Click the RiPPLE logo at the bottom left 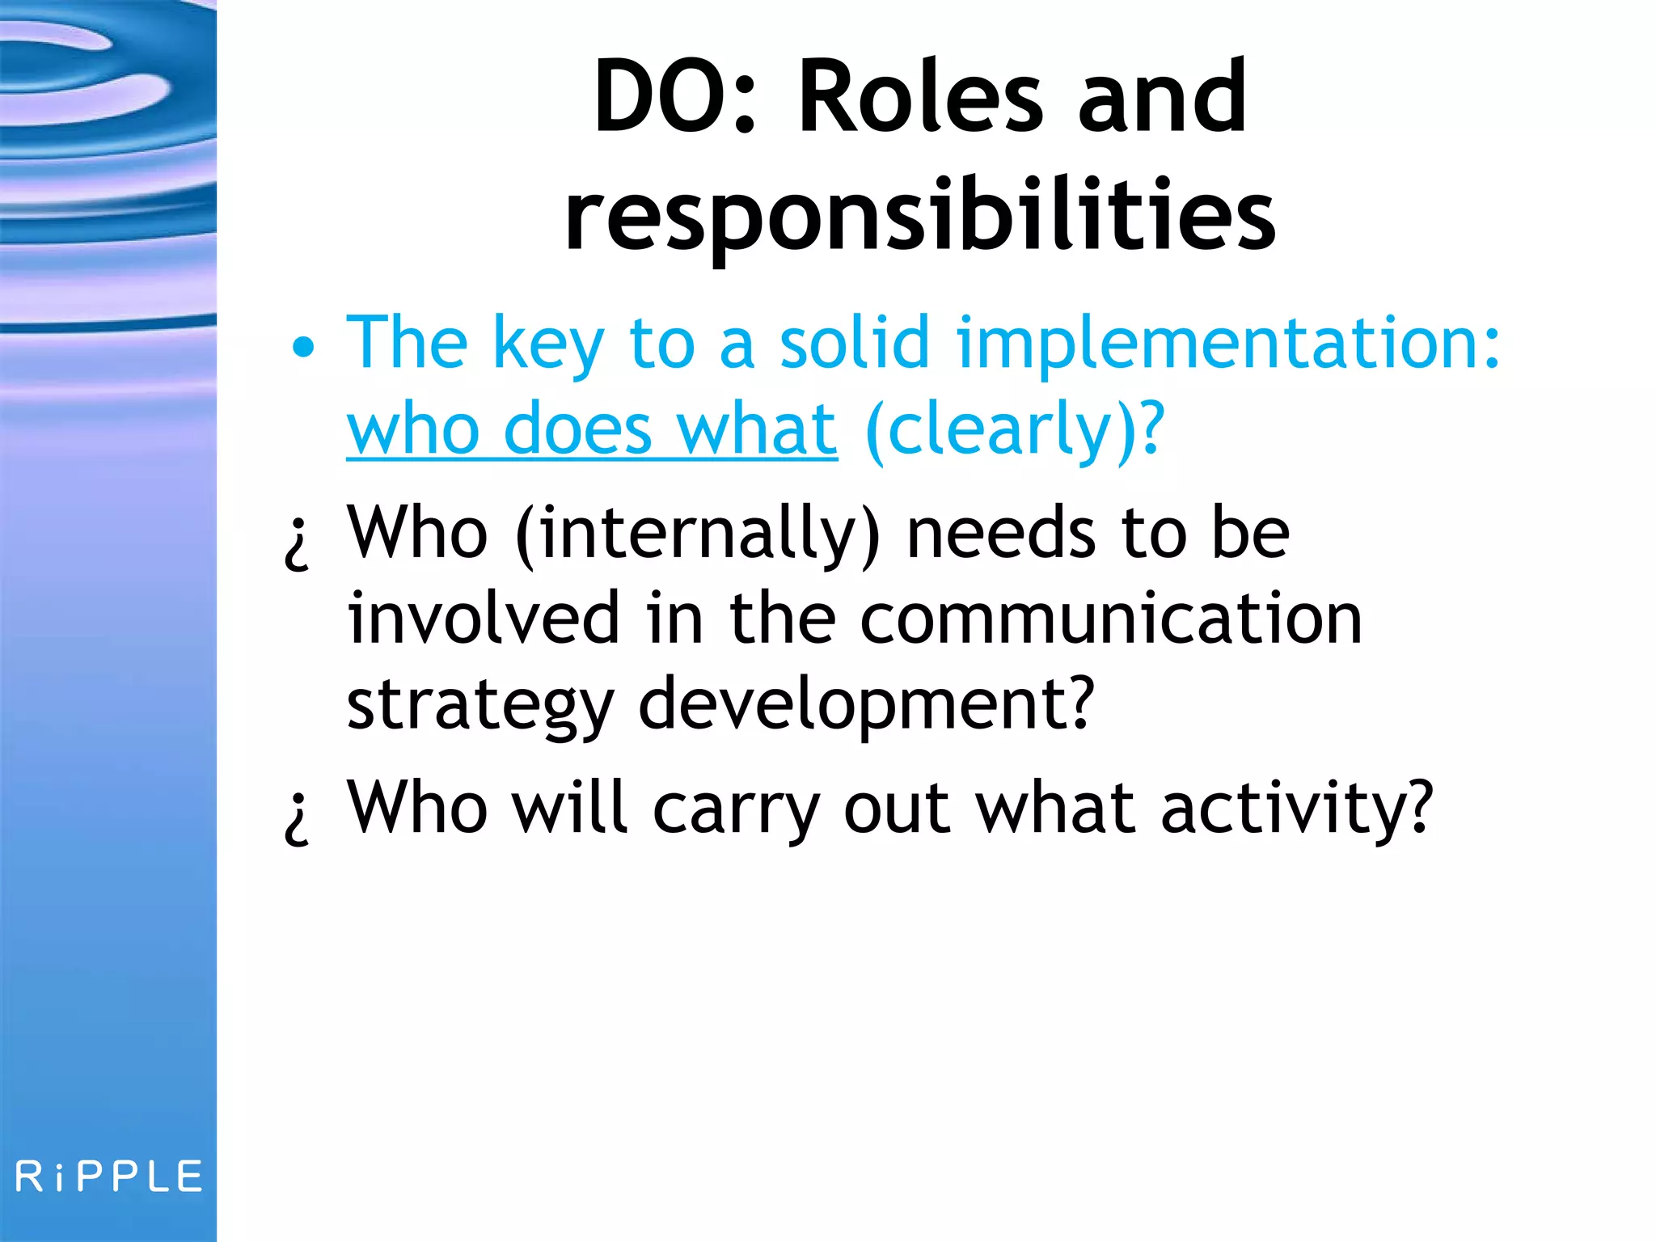pyautogui.click(x=109, y=1177)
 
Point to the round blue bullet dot pyautogui.click(x=303, y=348)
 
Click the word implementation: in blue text pyautogui.click(x=1227, y=344)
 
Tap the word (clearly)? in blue pyautogui.click(x=1015, y=430)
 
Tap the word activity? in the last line pyautogui.click(x=1297, y=809)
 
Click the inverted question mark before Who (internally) pyautogui.click(x=297, y=543)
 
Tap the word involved pyautogui.click(x=483, y=619)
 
